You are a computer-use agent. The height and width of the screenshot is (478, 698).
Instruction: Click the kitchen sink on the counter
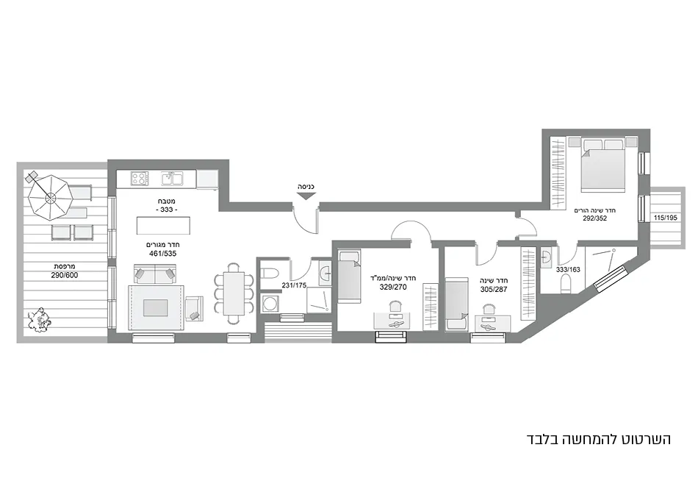click(172, 178)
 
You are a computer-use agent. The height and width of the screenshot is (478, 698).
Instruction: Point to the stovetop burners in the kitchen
click(139, 178)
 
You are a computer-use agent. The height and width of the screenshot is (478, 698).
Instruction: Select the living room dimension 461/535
click(164, 254)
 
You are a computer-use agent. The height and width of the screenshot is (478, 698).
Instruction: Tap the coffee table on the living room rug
click(155, 307)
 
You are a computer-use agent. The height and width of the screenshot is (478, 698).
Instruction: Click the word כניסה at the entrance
click(306, 187)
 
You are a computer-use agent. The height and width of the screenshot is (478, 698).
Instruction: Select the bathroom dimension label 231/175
click(294, 286)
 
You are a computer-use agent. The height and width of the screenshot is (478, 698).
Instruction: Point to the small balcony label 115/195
click(666, 218)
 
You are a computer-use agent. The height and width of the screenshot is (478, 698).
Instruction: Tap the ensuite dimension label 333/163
click(569, 270)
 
